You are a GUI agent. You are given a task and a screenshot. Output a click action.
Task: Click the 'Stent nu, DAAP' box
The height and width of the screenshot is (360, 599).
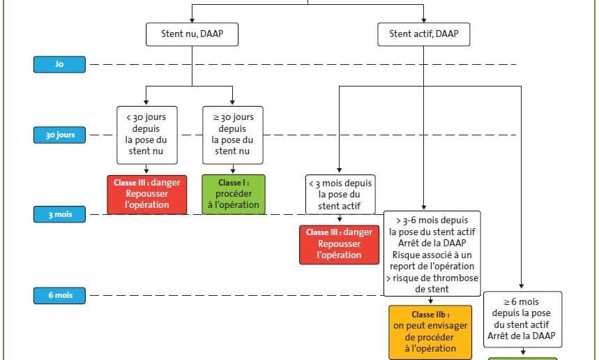click(x=192, y=34)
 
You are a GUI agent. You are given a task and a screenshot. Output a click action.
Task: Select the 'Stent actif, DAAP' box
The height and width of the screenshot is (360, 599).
click(x=424, y=34)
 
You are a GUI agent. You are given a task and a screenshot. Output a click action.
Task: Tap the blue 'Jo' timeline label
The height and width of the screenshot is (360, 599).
click(x=59, y=64)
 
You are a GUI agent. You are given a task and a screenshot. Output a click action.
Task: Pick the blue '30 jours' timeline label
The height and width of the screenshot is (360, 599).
click(x=59, y=135)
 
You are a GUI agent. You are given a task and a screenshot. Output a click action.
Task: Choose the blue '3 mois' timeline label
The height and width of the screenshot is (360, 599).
click(x=59, y=214)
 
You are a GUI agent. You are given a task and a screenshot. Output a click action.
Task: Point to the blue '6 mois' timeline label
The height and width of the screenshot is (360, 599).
click(x=59, y=295)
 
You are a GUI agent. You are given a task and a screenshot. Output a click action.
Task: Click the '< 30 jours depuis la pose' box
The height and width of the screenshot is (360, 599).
click(x=146, y=135)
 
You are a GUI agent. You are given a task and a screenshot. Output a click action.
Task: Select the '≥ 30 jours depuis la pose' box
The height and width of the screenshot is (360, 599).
click(x=233, y=135)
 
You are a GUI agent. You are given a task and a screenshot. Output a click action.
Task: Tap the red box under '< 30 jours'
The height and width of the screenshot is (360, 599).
click(x=147, y=195)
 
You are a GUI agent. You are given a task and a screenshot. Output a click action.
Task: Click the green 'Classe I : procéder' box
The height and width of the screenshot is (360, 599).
click(x=234, y=195)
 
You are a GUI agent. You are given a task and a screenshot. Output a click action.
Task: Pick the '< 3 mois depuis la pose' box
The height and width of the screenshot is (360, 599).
click(x=340, y=195)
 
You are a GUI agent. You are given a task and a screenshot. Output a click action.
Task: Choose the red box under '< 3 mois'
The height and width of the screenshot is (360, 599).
click(x=339, y=245)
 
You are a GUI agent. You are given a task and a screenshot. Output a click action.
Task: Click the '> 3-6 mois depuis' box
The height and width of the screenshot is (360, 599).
click(x=432, y=254)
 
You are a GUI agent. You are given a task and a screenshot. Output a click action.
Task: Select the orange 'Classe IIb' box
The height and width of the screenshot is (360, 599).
click(x=430, y=332)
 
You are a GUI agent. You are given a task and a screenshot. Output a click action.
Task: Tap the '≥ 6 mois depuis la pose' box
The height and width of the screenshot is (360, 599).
click(x=522, y=320)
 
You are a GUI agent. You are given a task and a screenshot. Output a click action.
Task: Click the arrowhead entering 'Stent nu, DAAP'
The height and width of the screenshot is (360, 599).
click(x=192, y=20)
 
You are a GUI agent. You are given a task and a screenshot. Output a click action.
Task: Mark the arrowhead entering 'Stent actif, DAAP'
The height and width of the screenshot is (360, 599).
click(x=424, y=20)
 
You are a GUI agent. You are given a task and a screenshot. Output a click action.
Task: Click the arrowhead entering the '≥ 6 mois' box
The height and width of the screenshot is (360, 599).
click(x=522, y=286)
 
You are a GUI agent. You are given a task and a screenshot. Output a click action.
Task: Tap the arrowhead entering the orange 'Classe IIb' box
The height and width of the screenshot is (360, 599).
click(x=430, y=301)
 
